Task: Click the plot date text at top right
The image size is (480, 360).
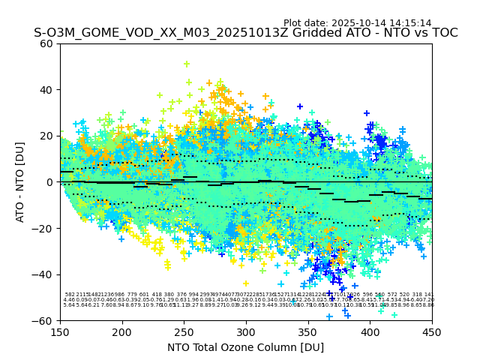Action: (x=357, y=23)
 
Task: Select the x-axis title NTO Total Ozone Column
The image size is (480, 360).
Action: (x=245, y=347)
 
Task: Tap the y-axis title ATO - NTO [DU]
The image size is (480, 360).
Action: (x=21, y=182)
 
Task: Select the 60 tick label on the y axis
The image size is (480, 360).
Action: (x=46, y=43)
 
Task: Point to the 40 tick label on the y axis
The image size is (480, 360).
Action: (x=46, y=90)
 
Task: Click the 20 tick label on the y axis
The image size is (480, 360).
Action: (x=46, y=136)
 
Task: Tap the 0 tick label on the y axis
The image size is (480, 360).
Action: (x=49, y=182)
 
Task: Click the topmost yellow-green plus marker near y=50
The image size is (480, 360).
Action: (x=187, y=64)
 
